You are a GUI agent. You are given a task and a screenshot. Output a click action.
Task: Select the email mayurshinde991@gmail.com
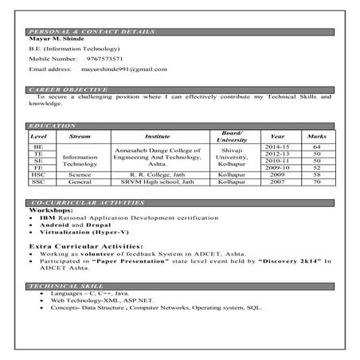point(127,69)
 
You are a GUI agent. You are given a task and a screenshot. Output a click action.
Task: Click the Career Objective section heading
point(62,88)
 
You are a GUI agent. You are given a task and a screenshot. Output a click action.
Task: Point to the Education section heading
point(53,126)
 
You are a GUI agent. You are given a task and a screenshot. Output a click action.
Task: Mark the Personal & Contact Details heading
point(79,29)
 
